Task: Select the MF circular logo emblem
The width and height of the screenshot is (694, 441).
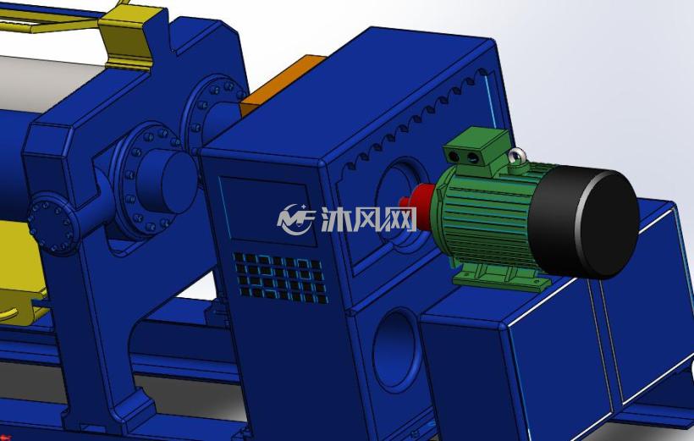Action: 295,218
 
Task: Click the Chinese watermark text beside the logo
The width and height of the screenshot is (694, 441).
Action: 368,219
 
